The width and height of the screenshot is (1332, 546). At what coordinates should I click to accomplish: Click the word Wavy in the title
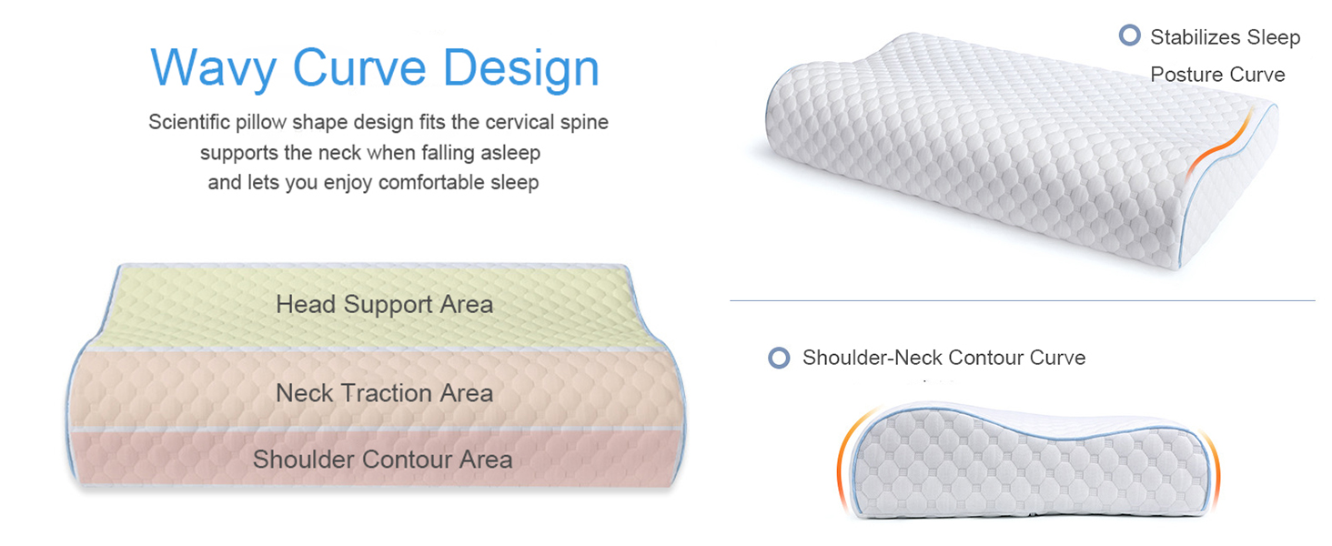pyautogui.click(x=214, y=69)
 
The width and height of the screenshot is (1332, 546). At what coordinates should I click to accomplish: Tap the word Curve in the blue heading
pyautogui.click(x=359, y=67)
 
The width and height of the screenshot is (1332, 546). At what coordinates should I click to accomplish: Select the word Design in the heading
pyautogui.click(x=521, y=69)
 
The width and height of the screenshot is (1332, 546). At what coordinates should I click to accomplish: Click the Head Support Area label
pyautogui.click(x=384, y=305)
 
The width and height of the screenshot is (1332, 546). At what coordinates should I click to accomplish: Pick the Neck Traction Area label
pyautogui.click(x=384, y=393)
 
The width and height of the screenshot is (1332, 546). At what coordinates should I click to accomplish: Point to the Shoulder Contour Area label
pyautogui.click(x=382, y=460)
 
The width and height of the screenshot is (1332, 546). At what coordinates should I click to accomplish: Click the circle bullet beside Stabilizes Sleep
pyautogui.click(x=1129, y=35)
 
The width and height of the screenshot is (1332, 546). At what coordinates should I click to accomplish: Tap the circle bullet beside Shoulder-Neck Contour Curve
pyautogui.click(x=779, y=358)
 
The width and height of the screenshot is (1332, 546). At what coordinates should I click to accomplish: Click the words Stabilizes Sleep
pyautogui.click(x=1225, y=37)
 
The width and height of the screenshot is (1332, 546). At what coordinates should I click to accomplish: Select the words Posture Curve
pyautogui.click(x=1217, y=75)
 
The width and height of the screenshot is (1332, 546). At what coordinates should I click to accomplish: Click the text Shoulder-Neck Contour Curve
pyautogui.click(x=943, y=358)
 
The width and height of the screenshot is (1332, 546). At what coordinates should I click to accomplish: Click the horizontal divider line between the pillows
pyautogui.click(x=1022, y=301)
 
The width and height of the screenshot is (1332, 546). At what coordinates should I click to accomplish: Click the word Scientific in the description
pyautogui.click(x=189, y=122)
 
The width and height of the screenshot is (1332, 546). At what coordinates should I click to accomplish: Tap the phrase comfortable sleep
pyautogui.click(x=459, y=182)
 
